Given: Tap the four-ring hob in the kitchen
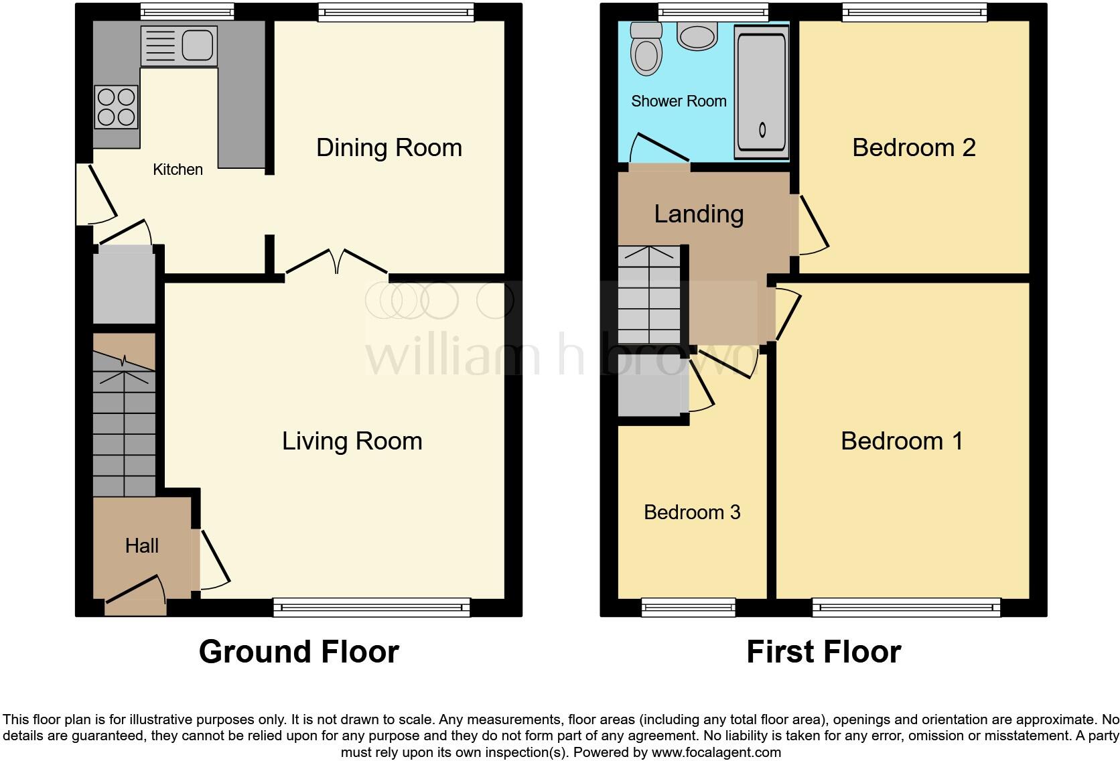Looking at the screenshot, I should coord(117,107).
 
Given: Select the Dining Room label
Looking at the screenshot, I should coord(389,147).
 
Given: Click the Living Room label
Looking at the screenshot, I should coord(352,441).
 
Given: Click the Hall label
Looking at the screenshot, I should coord(141,546).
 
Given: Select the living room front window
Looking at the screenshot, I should coord(371,608).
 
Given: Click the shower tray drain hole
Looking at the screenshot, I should coord(762,129).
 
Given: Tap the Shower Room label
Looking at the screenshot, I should coord(679,101).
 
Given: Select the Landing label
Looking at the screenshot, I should coord(699,214).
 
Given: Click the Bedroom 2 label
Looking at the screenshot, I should coord(913,147).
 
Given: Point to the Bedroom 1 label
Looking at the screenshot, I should coord(902,441).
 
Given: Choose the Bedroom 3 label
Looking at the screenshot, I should coord(692,512).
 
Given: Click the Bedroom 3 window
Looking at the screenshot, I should coord(688,608).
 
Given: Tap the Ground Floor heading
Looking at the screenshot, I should coord(299,652).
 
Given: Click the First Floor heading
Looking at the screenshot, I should coord(823,652).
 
